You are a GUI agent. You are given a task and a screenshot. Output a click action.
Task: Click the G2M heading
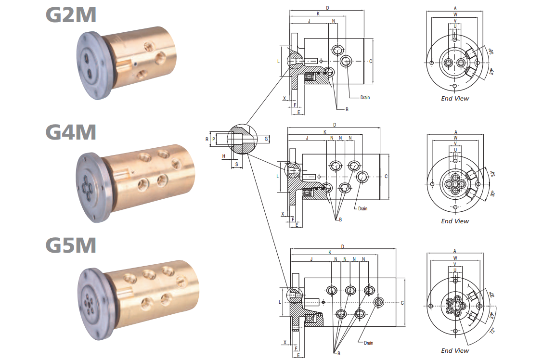tap(71, 15)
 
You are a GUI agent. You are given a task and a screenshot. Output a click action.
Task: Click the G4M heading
tap(71, 132)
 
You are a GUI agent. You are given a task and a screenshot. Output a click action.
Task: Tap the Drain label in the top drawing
tap(365, 98)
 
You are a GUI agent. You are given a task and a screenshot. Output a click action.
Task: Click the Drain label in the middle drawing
tap(362, 209)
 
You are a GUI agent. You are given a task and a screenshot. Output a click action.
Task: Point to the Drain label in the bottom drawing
tap(368, 343)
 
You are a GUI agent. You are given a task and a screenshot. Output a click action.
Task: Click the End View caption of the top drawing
tap(455, 99)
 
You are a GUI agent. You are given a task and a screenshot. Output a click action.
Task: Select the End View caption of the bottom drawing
tap(455, 351)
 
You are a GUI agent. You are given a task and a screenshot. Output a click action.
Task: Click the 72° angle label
tap(492, 331)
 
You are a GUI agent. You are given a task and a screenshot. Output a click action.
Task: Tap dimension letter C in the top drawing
tap(371, 61)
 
